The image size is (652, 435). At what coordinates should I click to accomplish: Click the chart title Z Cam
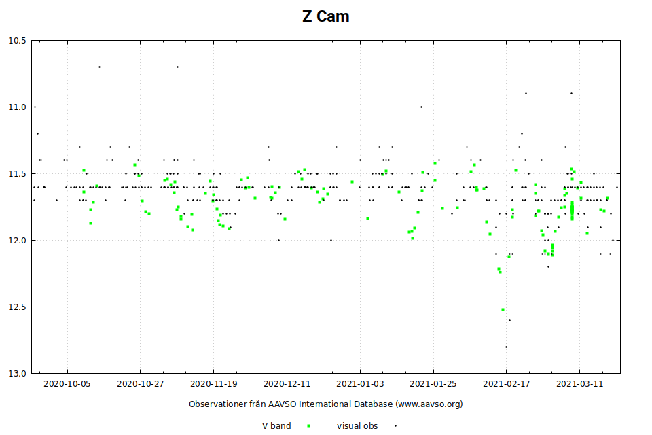tap(326, 16)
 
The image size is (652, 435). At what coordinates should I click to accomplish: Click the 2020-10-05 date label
tap(67, 383)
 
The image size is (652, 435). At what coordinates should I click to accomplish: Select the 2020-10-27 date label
tap(141, 383)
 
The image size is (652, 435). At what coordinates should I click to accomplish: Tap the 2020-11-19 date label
tap(214, 383)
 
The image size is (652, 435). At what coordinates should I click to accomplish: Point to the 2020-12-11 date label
tap(287, 383)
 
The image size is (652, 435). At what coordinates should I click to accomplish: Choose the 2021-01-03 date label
tap(361, 383)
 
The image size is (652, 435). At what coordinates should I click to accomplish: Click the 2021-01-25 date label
tap(433, 383)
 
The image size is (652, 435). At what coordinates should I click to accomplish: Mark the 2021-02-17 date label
tap(507, 383)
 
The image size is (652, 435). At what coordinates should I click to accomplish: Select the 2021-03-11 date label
tap(580, 383)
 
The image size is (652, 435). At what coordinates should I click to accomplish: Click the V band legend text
tap(276, 426)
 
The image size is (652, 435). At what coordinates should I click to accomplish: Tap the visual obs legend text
tap(357, 426)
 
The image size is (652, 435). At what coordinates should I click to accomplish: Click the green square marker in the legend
tap(309, 426)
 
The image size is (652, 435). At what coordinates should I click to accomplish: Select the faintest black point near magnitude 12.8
tap(506, 347)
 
